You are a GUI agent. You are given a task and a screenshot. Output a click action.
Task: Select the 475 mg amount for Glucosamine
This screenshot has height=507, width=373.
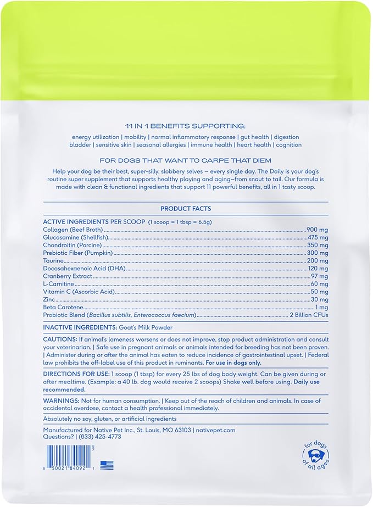(318, 237)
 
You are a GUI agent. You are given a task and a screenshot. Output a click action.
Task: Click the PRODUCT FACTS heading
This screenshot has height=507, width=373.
(186, 209)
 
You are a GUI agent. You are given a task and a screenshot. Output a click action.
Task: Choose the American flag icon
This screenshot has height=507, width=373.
(107, 465)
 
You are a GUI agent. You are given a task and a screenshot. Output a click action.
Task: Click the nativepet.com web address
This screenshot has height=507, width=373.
(220, 430)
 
